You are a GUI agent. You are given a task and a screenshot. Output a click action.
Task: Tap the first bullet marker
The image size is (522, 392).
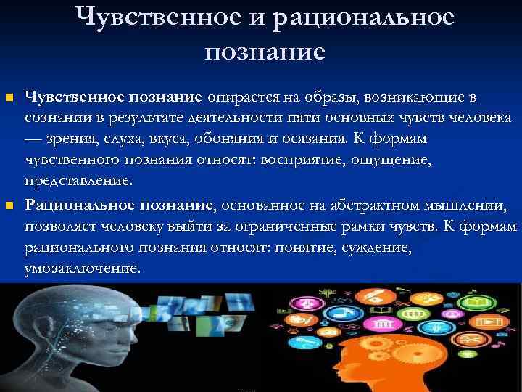click(9, 97)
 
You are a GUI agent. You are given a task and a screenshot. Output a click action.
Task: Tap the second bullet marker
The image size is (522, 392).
click(9, 207)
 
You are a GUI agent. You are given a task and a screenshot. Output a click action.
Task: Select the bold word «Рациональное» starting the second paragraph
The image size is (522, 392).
click(71, 206)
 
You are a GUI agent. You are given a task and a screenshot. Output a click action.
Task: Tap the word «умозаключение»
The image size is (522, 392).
click(82, 269)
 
